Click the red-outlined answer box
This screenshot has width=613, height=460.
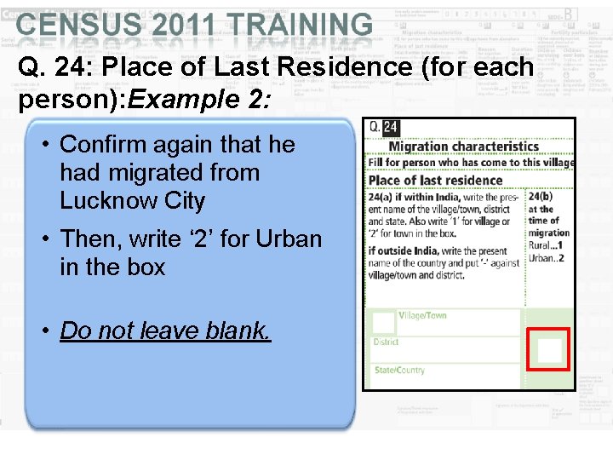pyautogui.click(x=548, y=349)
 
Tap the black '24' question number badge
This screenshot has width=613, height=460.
pyautogui.click(x=390, y=128)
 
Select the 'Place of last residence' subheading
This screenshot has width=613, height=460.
pyautogui.click(x=435, y=180)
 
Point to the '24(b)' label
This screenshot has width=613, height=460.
pyautogui.click(x=541, y=197)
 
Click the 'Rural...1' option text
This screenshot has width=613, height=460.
pyautogui.click(x=545, y=245)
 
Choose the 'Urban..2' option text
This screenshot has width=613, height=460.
pyautogui.click(x=546, y=257)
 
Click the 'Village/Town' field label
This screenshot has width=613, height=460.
pyautogui.click(x=422, y=315)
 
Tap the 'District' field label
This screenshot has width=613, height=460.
pyautogui.click(x=386, y=342)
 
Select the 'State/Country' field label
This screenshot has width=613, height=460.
pyautogui.click(x=399, y=371)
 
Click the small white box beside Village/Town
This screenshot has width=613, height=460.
pyautogui.click(x=383, y=322)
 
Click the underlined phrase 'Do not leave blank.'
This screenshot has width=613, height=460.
pyautogui.click(x=165, y=331)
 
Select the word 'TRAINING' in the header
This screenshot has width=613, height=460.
pyautogui.click(x=301, y=26)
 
